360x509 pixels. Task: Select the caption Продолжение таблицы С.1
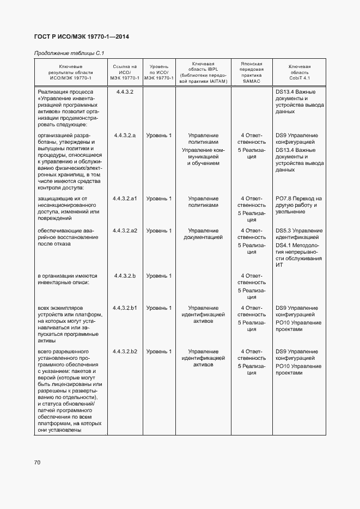point(69,53)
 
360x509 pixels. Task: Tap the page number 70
point(38,463)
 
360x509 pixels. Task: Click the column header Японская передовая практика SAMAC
point(252,72)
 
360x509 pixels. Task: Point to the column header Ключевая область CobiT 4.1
point(299,72)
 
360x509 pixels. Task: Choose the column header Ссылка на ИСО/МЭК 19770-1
point(125,72)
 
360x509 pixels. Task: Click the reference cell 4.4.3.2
point(125,92)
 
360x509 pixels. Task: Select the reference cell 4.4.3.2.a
point(125,135)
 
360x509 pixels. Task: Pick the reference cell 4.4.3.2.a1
point(125,199)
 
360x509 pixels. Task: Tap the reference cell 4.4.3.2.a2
point(125,231)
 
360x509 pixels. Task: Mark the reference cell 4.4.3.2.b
point(125,276)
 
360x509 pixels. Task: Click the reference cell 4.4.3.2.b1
point(125,308)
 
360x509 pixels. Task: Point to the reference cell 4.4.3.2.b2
point(125,352)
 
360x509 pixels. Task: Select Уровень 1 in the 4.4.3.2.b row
point(158,276)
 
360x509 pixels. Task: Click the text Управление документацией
point(203,234)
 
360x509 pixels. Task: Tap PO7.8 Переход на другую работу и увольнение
point(298,205)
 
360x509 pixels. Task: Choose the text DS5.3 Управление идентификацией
point(298,234)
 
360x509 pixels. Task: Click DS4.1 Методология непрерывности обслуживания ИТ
point(298,255)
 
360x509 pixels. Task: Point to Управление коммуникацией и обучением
point(203,156)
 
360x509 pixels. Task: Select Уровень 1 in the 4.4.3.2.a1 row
point(158,199)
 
